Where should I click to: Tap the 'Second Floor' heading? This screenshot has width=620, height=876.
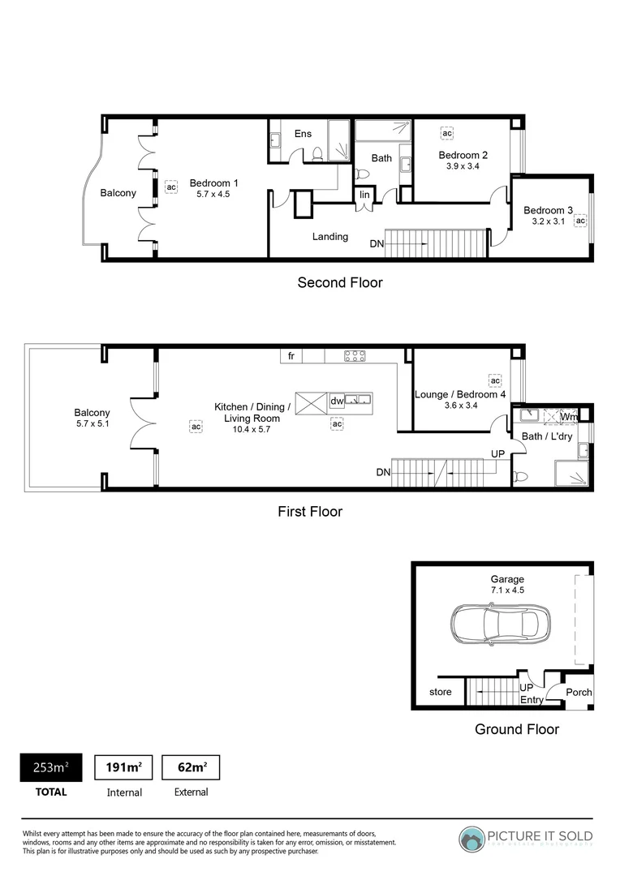339,283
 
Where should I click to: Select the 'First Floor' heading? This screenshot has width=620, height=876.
309,512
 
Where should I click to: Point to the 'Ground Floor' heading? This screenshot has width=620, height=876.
516,729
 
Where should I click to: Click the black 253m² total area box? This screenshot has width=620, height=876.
50,767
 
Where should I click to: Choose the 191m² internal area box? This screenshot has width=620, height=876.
124,767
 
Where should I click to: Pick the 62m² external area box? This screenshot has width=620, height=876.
191,767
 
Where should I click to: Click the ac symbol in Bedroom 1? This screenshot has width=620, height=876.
170,187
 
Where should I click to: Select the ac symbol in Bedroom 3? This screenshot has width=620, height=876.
580,221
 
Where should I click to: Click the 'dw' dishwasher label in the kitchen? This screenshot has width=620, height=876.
337,401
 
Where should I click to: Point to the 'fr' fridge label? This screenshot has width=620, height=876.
291,355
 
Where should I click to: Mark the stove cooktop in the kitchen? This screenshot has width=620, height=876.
355,355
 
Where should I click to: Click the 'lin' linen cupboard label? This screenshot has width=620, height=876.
365,195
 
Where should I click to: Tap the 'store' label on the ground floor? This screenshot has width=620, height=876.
441,692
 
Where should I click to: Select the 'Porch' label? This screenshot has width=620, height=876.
579,692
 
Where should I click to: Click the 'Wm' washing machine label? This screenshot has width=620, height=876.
569,417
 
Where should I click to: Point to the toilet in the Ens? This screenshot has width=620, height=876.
319,153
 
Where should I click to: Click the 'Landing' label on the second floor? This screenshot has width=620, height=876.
329,237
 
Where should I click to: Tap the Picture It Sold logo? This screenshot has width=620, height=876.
527,838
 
